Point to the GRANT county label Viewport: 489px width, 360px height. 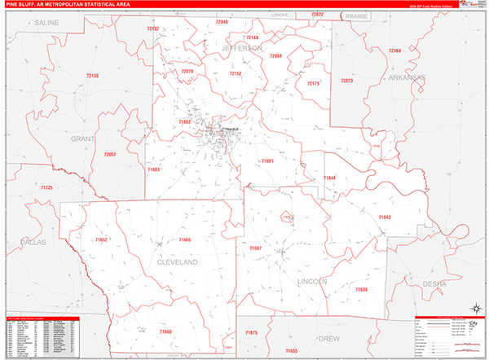(x=83, y=139)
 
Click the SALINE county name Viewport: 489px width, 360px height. (x=48, y=24)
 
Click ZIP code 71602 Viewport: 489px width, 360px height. (x=184, y=122)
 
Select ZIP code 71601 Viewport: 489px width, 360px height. (x=267, y=161)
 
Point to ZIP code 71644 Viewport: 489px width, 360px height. (x=329, y=178)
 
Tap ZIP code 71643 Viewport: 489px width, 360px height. (x=385, y=217)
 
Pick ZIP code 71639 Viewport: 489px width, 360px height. (x=360, y=289)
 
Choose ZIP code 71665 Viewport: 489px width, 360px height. (x=184, y=239)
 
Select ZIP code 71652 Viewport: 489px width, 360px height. (x=100, y=239)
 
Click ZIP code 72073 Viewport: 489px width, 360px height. (x=347, y=81)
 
